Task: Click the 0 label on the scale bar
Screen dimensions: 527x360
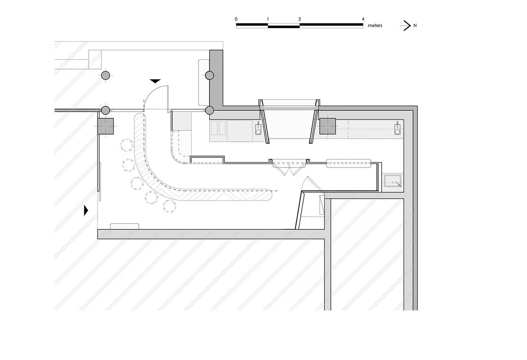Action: [x=236, y=19]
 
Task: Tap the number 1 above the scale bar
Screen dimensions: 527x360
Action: [x=268, y=19]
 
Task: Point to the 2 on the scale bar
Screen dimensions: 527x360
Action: [x=300, y=19]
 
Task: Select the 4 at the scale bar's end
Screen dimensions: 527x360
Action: [x=363, y=19]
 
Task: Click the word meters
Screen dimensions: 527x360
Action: [x=375, y=25]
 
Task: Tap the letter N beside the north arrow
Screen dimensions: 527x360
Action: [x=415, y=25]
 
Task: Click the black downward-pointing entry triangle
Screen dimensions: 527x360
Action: [x=155, y=81]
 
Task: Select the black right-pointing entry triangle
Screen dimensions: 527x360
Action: [x=86, y=210]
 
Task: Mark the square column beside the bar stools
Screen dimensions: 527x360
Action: [x=106, y=126]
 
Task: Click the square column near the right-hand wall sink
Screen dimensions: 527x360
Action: [x=328, y=126]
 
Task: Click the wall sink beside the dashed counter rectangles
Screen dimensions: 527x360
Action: [x=258, y=128]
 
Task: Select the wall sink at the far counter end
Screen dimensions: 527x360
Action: [x=397, y=128]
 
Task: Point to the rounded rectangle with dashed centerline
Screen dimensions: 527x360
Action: [x=348, y=164]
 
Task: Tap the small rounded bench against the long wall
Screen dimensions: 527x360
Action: [x=124, y=226]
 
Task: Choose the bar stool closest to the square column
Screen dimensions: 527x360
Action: [x=127, y=145]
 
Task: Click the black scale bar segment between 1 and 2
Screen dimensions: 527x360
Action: [x=284, y=27]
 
